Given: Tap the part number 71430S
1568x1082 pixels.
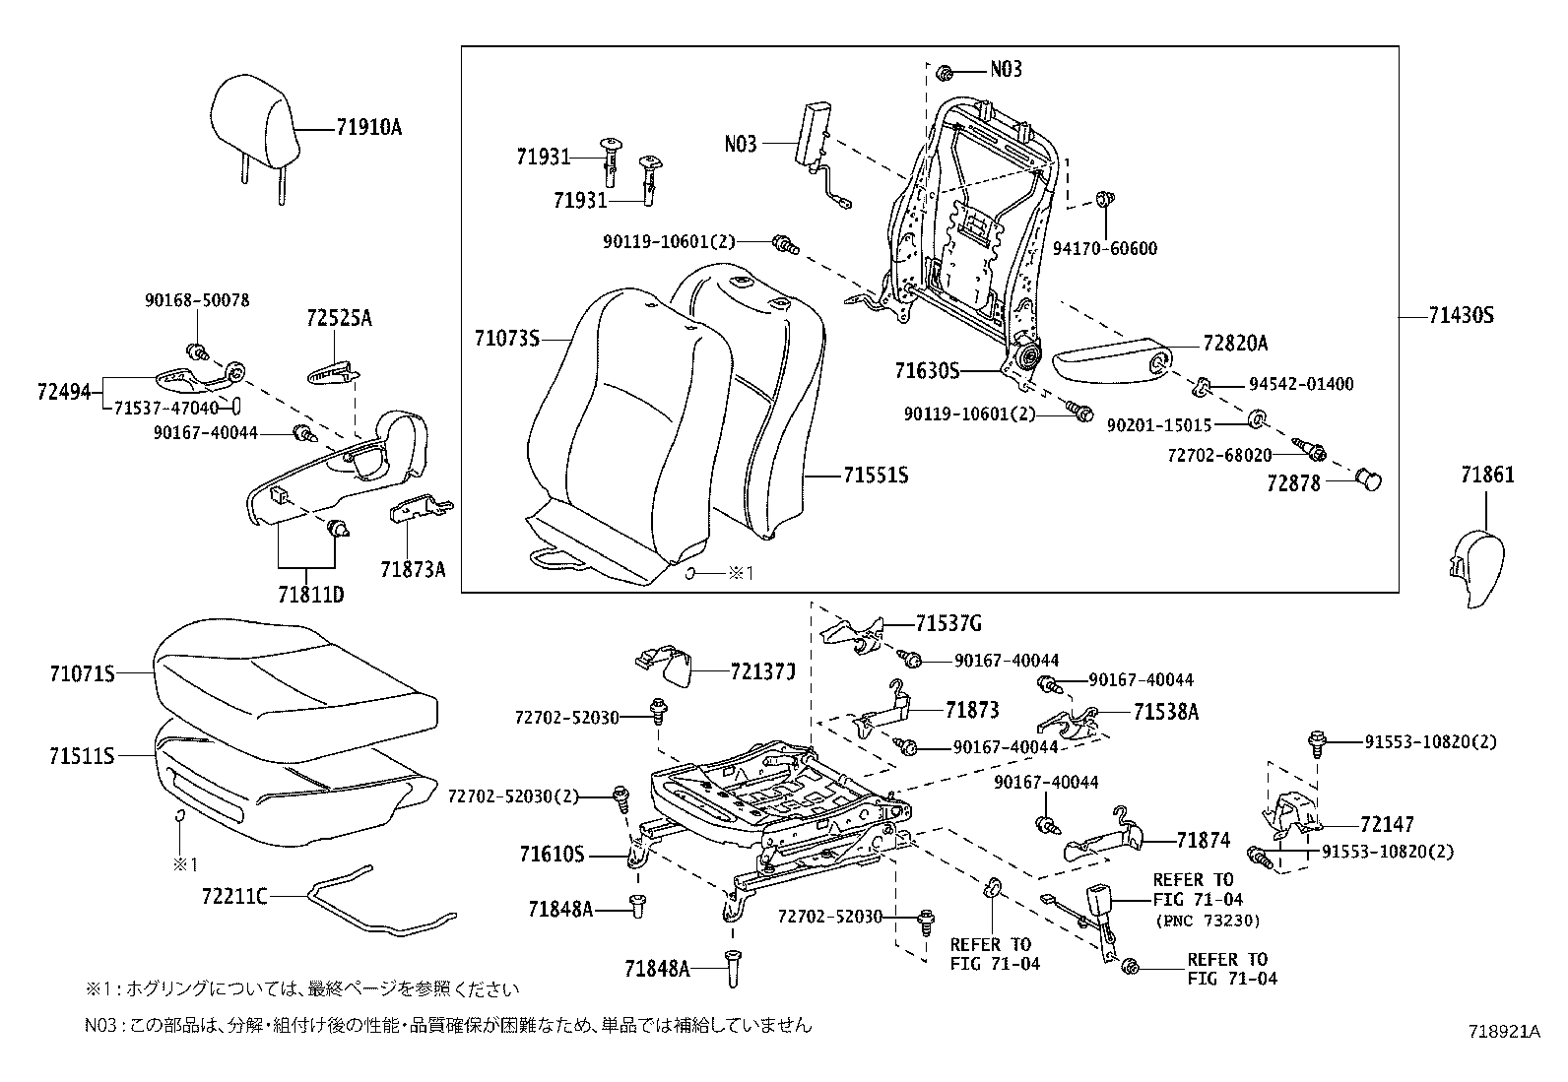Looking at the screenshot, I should coord(1461,316).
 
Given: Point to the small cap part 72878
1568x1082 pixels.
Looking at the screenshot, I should coord(1369,478).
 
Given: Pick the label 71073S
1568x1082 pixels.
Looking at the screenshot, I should coord(506,340).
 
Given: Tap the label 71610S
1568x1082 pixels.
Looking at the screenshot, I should coord(552,855).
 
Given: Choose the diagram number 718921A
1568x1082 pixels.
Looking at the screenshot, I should coord(1503,1031).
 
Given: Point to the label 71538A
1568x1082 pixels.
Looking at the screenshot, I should coord(1166,712).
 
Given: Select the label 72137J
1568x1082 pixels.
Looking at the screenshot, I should coord(762,671).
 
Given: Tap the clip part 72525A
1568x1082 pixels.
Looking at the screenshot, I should coord(332,372).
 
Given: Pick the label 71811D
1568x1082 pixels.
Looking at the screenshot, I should coord(310,595).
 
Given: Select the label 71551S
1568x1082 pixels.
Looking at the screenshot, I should coord(875,476).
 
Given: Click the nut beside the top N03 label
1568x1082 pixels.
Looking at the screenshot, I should coord(943,71).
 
